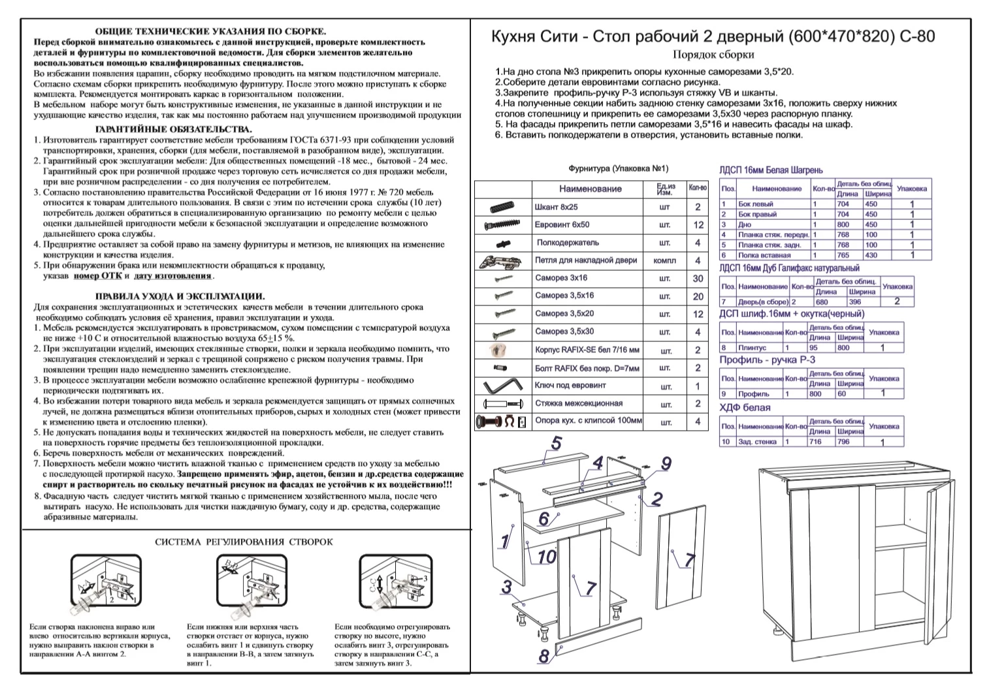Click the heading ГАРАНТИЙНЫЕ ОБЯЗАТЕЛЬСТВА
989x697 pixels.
tap(174, 130)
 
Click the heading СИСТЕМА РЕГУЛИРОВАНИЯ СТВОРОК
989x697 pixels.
tap(244, 542)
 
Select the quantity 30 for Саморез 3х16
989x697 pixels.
tap(698, 279)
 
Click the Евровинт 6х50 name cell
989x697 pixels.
tap(562, 225)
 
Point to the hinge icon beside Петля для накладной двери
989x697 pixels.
tap(501, 261)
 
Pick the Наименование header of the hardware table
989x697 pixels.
tap(591, 189)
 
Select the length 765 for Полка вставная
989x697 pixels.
tap(843, 255)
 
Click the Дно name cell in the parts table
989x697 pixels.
tap(744, 225)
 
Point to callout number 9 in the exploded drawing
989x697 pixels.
tap(666, 464)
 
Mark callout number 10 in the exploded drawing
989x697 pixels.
tap(546, 557)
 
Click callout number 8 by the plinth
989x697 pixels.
tap(543, 656)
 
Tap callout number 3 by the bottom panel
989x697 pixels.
tap(506, 587)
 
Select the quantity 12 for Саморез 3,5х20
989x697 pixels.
tap(698, 315)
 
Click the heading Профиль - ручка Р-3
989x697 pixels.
tap(767, 360)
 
